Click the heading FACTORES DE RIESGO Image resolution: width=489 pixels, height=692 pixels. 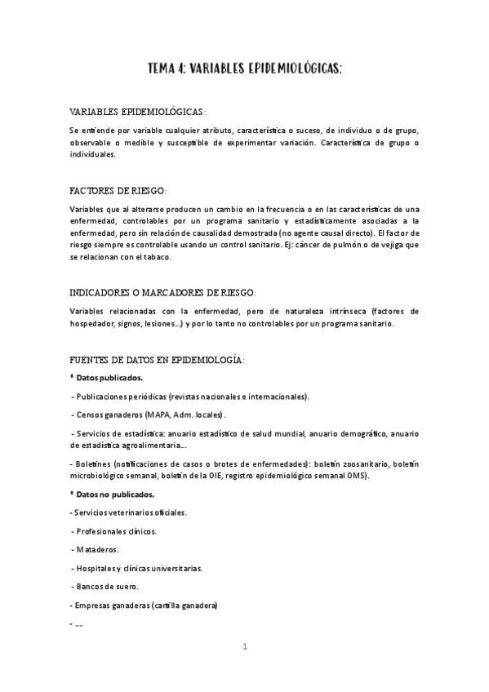coord(118,190)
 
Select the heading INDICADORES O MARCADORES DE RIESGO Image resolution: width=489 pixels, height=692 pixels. coord(162,292)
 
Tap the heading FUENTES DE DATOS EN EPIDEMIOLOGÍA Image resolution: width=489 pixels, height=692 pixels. coord(157,360)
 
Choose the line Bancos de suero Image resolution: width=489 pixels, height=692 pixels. coord(107,587)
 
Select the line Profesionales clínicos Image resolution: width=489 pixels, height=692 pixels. coord(116,531)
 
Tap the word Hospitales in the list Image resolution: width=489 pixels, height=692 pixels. coord(98,568)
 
